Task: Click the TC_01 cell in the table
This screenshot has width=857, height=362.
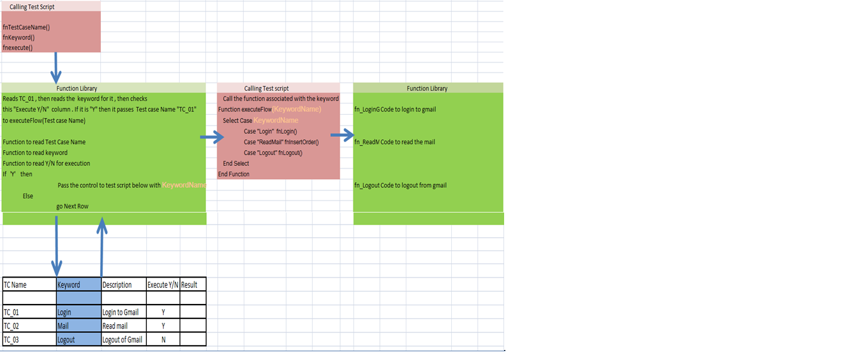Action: (12, 312)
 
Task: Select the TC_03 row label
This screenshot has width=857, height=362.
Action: (12, 340)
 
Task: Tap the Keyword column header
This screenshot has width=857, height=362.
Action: (69, 285)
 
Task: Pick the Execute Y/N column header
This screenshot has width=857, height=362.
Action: (163, 285)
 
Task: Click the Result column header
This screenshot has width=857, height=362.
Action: (189, 285)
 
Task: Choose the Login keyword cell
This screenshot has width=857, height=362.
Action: (64, 312)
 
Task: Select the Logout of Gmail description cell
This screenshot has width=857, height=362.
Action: (122, 340)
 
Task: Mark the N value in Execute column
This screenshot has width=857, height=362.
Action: (163, 340)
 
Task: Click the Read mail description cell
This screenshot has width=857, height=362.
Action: (115, 326)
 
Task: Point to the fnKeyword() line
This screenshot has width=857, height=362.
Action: (18, 37)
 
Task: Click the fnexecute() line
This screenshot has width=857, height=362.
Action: (18, 47)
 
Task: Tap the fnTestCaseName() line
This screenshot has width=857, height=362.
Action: (26, 27)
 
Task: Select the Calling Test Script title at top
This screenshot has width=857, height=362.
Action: (32, 6)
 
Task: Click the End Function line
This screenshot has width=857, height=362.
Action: (234, 174)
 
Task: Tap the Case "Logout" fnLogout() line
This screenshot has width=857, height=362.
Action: (273, 153)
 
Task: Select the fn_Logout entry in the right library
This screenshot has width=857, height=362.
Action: (367, 185)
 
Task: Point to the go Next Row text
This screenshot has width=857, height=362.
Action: (72, 206)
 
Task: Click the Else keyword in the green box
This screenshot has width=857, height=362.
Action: (28, 196)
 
